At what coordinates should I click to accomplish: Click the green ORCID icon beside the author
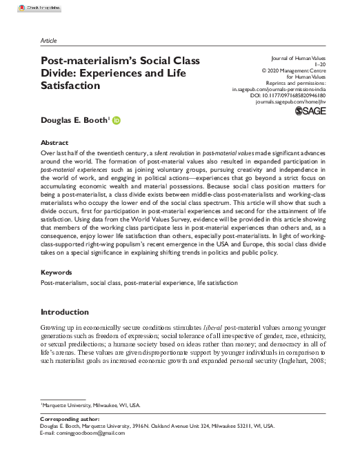116,121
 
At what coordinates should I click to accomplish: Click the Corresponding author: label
70,419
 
